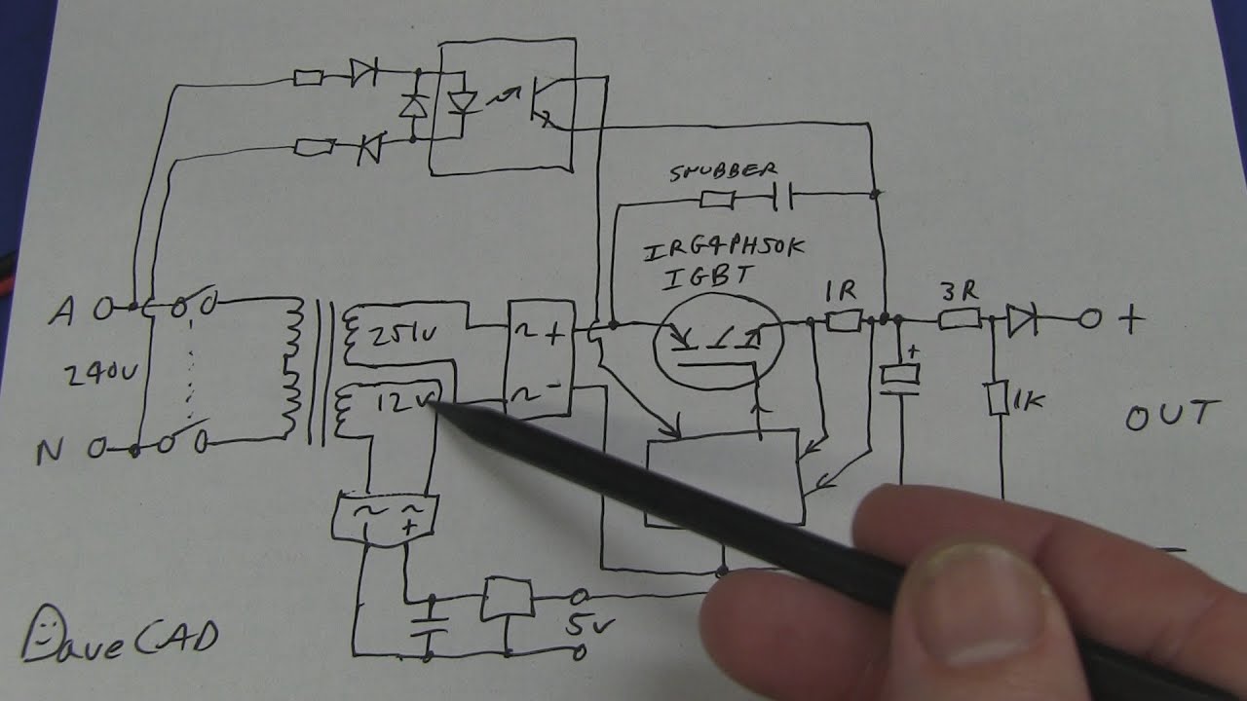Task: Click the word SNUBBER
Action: (x=718, y=172)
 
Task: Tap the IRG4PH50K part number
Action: (x=723, y=250)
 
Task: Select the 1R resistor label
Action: (x=841, y=289)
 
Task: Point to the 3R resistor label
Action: (x=956, y=290)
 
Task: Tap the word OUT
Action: (x=1171, y=416)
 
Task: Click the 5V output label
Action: (x=583, y=623)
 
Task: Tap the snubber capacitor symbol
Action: (x=782, y=199)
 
